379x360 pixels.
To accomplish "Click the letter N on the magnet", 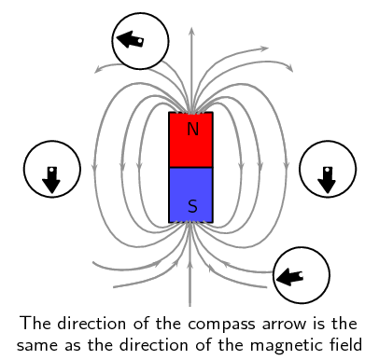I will [x=191, y=130].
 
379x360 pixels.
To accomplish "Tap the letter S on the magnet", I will [x=191, y=206].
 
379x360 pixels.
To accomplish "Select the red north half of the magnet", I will [x=191, y=141].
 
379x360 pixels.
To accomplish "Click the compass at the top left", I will [x=140, y=41].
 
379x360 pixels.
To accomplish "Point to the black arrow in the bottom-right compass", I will [x=290, y=275].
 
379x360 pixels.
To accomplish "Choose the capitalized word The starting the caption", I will [x=34, y=324].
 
